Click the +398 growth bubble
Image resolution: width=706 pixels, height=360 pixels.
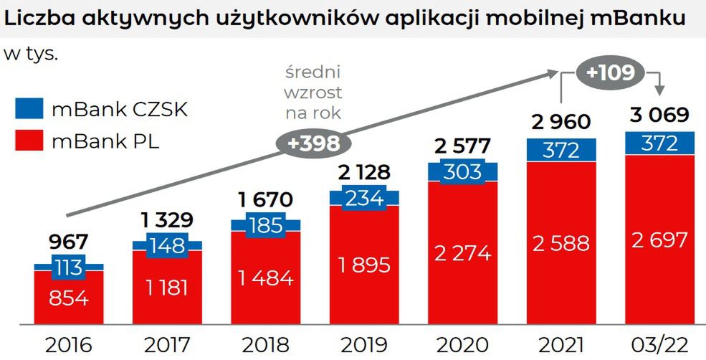[x=313, y=143]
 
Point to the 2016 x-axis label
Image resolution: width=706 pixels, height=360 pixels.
[x=69, y=345]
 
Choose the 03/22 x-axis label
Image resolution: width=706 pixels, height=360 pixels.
[x=659, y=345]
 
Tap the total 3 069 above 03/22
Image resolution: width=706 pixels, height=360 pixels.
[x=659, y=115]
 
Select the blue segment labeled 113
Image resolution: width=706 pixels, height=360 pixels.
[x=69, y=268]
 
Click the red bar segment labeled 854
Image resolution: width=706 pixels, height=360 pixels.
[x=69, y=298]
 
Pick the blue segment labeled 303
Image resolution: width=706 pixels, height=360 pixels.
[x=462, y=173]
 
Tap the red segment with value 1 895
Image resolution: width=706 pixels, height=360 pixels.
[x=363, y=265]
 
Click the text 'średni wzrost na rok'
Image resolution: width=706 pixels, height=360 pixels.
[x=313, y=93]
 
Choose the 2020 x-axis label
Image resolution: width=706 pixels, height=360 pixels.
[x=462, y=345]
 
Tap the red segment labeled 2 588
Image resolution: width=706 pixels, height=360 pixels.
[x=560, y=243]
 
